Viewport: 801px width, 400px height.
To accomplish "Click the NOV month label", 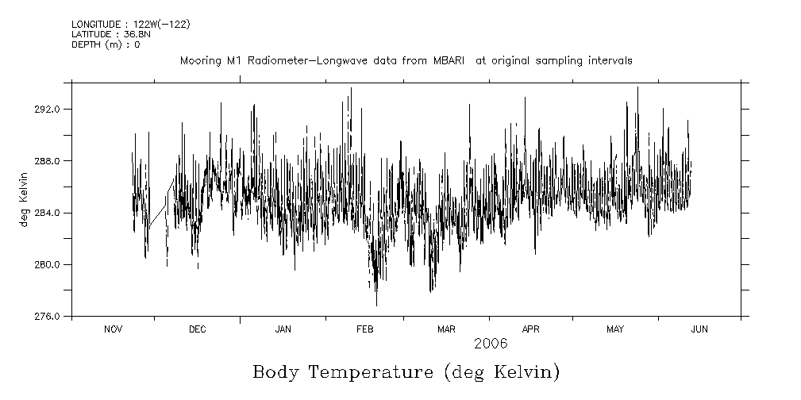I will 114,329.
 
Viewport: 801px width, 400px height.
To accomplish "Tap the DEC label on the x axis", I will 197,329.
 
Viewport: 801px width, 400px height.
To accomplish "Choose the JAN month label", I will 283,329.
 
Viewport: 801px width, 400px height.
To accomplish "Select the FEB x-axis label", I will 364,329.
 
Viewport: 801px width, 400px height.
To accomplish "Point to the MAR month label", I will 446,329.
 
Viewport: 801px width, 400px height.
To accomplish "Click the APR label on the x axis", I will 530,329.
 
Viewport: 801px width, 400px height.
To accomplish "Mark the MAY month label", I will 615,329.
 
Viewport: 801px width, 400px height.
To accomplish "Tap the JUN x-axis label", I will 699,329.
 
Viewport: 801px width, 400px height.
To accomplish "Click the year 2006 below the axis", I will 491,344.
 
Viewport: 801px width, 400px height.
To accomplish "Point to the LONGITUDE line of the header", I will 130,25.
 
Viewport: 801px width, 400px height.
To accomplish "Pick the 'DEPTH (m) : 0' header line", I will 106,44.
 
